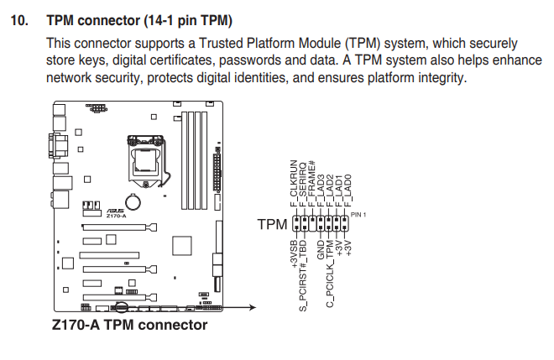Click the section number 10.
(x=19, y=20)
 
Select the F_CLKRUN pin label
(x=294, y=183)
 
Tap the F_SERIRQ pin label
(x=303, y=185)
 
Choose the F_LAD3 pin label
(x=321, y=190)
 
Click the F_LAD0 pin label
(x=348, y=190)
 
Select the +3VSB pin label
(x=294, y=253)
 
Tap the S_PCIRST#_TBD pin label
(x=303, y=275)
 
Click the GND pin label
(x=321, y=249)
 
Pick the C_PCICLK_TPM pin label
(x=330, y=274)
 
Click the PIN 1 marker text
(x=358, y=215)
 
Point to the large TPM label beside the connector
(x=272, y=224)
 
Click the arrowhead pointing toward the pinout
(x=253, y=307)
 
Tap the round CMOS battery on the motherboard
(x=133, y=201)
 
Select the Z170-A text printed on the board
(x=116, y=216)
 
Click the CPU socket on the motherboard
(x=146, y=161)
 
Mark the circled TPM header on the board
(x=121, y=307)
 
